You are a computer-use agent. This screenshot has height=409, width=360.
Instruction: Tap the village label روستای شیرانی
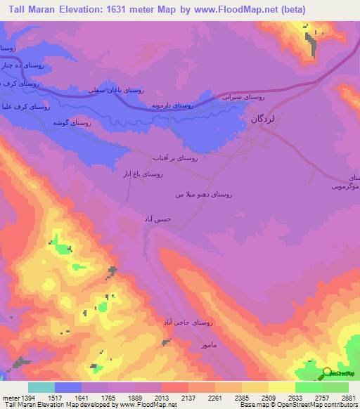coord(243,96)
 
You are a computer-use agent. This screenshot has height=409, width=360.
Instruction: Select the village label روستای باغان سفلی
coord(115,90)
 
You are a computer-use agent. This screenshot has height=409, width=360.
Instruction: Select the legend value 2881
coord(347,398)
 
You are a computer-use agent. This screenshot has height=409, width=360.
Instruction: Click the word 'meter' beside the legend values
coord(10,398)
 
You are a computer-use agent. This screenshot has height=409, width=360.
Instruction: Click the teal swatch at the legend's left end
coord(41,387)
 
